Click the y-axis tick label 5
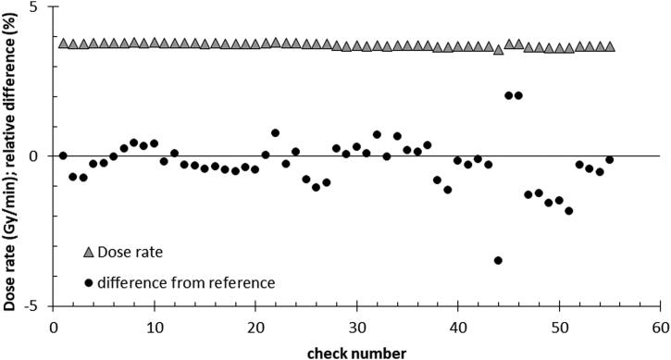[36, 6]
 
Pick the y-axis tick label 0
[36, 155]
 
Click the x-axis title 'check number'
[356, 350]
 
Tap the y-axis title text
[11, 155]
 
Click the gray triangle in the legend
[89, 253]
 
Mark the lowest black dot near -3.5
[498, 260]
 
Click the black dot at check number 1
[63, 155]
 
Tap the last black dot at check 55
[609, 160]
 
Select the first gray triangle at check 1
[63, 43]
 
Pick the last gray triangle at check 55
[610, 46]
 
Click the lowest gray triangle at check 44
[498, 50]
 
